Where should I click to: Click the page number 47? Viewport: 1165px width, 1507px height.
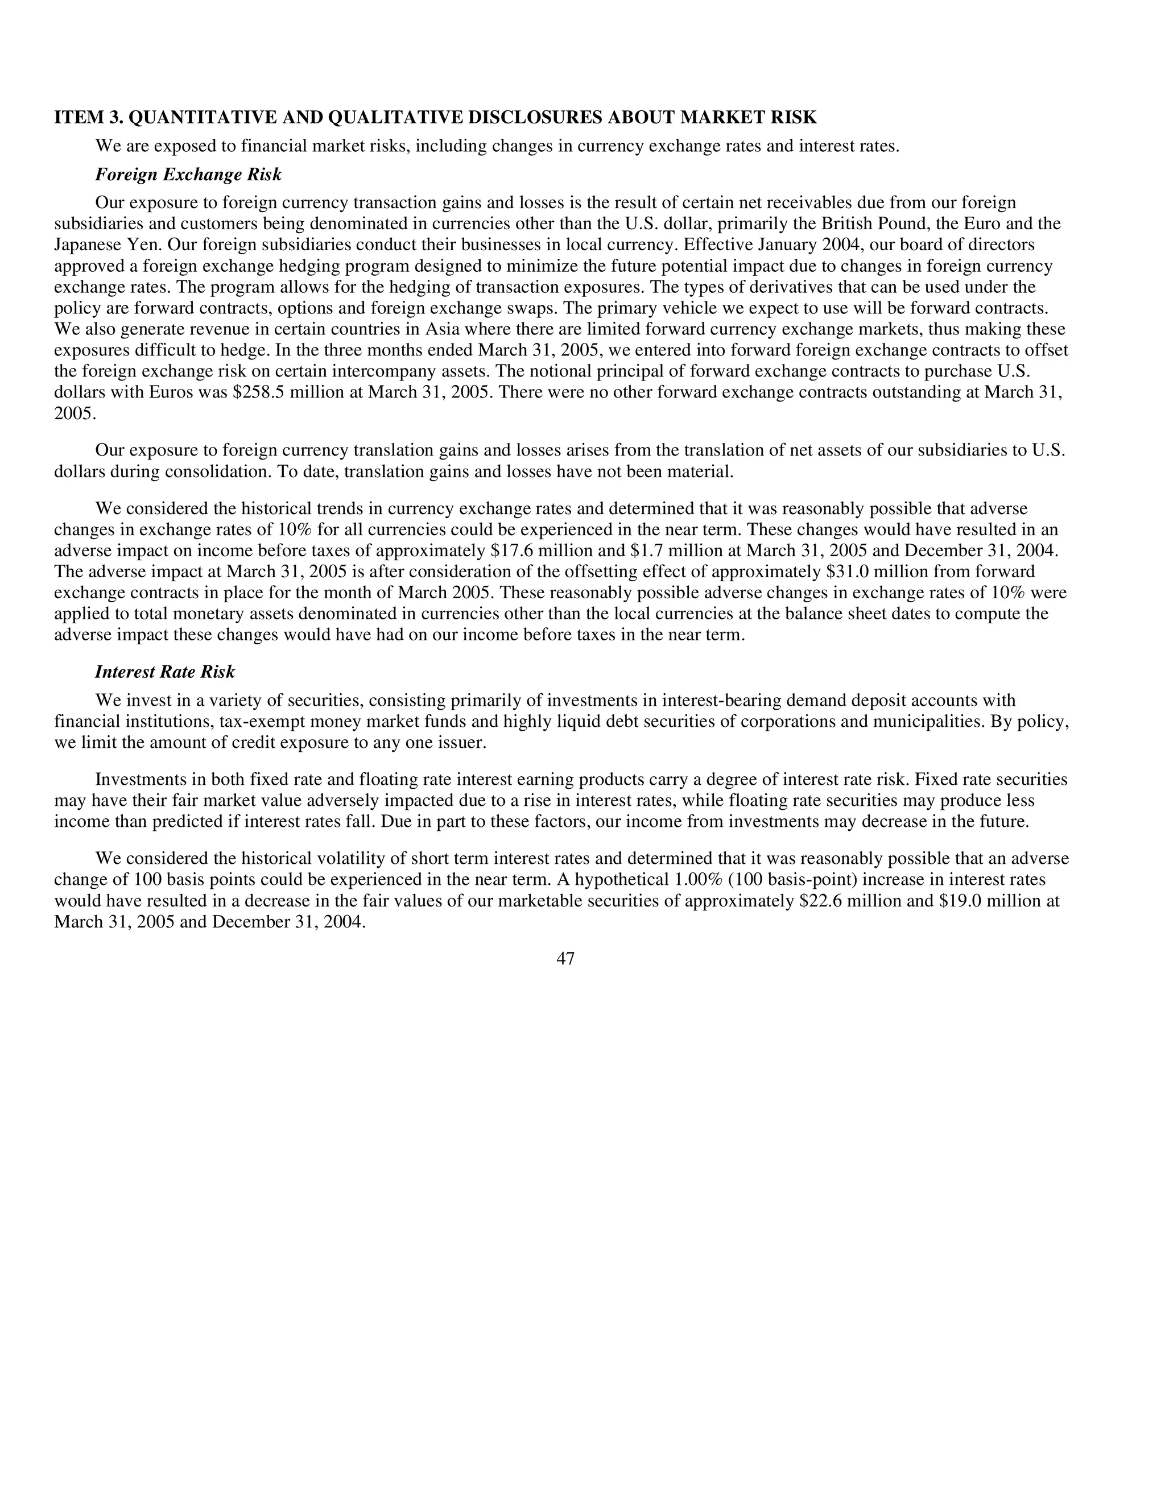click(x=565, y=958)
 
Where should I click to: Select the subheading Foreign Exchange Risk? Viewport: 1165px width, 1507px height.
click(x=188, y=175)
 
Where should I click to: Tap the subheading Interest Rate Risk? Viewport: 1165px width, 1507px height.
click(x=164, y=672)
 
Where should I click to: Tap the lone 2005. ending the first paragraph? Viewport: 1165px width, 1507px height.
click(x=75, y=414)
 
